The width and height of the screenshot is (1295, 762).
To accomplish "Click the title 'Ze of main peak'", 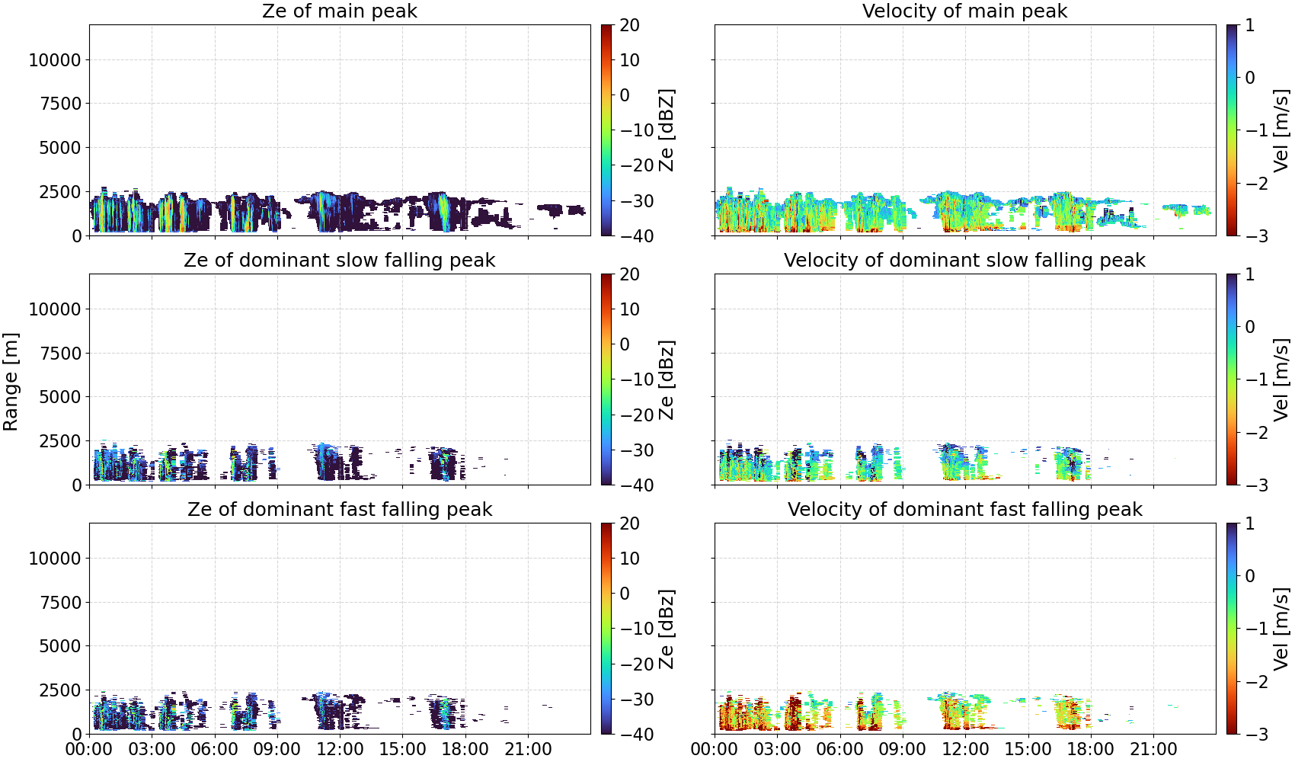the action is pos(340,11).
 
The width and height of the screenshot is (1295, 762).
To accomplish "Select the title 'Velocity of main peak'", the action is pos(965,11).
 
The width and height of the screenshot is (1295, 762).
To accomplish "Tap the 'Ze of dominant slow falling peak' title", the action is pos(340,261).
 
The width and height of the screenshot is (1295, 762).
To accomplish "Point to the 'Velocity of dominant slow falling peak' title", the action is pos(965,261).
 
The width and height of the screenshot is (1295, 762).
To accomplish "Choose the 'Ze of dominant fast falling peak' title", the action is pos(340,510).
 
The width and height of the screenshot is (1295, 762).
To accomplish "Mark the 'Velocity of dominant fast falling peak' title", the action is pos(965,510).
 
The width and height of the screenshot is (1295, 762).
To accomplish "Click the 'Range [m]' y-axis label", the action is pos(11,382).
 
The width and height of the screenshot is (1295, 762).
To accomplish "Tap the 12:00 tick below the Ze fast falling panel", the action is pos(340,749).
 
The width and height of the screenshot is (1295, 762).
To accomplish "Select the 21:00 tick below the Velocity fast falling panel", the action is pos(1153,749).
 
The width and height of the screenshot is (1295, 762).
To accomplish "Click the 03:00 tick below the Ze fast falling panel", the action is pos(152,749).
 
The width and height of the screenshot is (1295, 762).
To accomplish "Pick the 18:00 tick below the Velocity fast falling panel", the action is pos(1091,749).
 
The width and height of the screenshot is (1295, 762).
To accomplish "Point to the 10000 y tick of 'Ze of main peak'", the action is pos(55,60).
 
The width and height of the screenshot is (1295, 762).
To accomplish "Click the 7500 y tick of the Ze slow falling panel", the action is pos(60,354).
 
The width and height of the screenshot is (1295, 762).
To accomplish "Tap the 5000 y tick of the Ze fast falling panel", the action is pos(60,646).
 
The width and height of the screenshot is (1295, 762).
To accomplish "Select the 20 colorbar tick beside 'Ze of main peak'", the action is pos(629,25).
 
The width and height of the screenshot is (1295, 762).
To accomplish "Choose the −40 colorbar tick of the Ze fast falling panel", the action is pos(637,735).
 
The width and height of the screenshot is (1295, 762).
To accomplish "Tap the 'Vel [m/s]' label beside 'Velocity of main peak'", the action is pos(1282,130).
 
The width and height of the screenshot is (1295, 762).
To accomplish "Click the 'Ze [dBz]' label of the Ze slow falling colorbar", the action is pos(667,379).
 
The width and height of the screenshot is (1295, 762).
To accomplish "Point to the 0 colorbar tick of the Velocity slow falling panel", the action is pos(1249,327).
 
